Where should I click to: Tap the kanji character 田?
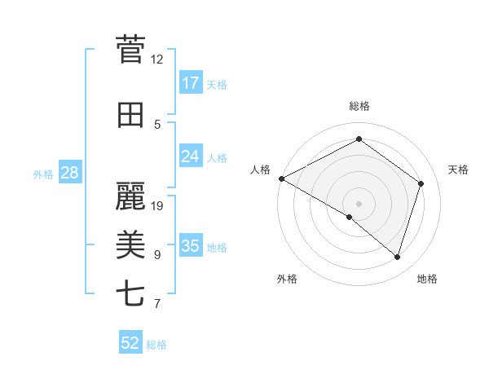coord(130,116)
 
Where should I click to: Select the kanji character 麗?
coord(130,196)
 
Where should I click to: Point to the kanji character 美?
coord(130,245)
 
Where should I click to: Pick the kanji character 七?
coord(130,293)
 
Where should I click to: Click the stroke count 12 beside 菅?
coord(157,59)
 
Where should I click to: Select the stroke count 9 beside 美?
coord(157,255)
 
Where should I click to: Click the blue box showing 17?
coord(191,83)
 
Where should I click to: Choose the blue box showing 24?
coord(191,157)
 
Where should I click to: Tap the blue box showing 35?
coord(191,246)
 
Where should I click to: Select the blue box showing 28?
coord(69,173)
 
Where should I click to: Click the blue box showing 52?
coord(130,343)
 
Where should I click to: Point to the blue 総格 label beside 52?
coord(156,345)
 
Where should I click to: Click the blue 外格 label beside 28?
coord(43,174)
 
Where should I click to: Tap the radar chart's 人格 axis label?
coord(261,169)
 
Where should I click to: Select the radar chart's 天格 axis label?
coord(459,169)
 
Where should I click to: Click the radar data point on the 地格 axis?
coord(397,257)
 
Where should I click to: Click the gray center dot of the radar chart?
coord(359,202)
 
